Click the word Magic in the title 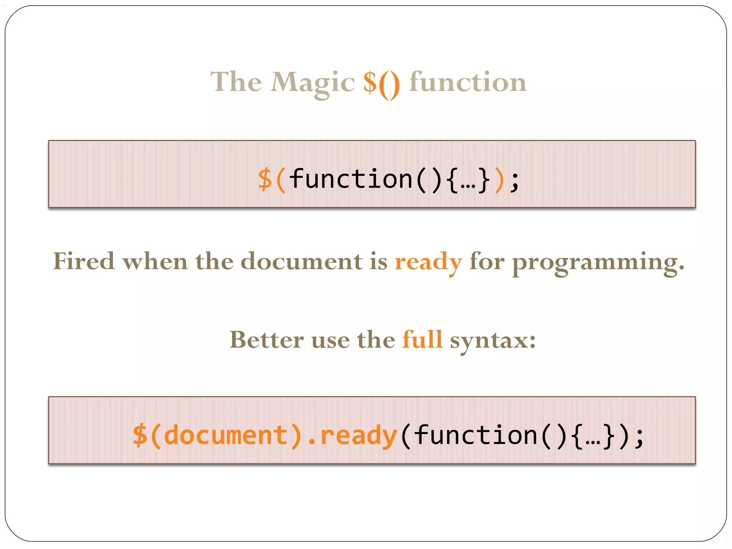pos(312,83)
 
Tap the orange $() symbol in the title pos(381,83)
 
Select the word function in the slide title pos(468,82)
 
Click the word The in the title pos(236,82)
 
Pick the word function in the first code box pos(351,179)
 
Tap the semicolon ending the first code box pos(514,181)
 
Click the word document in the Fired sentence pos(301,261)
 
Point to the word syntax pos(493,341)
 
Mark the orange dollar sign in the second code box pos(140,435)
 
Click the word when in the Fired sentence pos(155,261)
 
